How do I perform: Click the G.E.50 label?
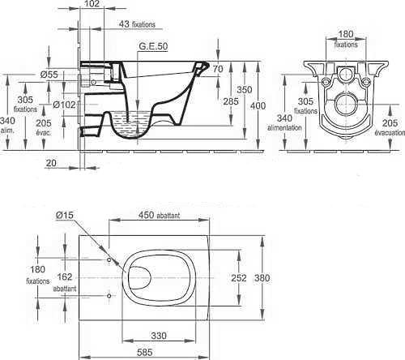pyautogui.click(x=153, y=46)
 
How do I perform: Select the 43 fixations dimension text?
pyautogui.click(x=137, y=24)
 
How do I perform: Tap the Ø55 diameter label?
pyautogui.click(x=49, y=75)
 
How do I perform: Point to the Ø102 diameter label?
pyautogui.click(x=64, y=105)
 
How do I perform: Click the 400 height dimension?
pyautogui.click(x=258, y=105)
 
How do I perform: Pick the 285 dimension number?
pyautogui.click(x=231, y=101)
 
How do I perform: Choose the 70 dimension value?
pyautogui.click(x=218, y=69)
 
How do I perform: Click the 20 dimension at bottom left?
pyautogui.click(x=51, y=163)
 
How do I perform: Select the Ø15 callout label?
pyautogui.click(x=65, y=215)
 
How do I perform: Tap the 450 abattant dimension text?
pyautogui.click(x=159, y=215)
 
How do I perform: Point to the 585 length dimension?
pyautogui.click(x=145, y=353)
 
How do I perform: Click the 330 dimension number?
pyautogui.click(x=159, y=336)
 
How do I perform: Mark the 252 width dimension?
pyautogui.click(x=239, y=278)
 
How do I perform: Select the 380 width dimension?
pyautogui.click(x=262, y=278)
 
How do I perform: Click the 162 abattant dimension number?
pyautogui.click(x=65, y=276)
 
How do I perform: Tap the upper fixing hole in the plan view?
pyautogui.click(x=109, y=259)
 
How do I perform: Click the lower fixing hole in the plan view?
pyautogui.click(x=109, y=296)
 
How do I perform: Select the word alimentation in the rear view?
pyautogui.click(x=284, y=127)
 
